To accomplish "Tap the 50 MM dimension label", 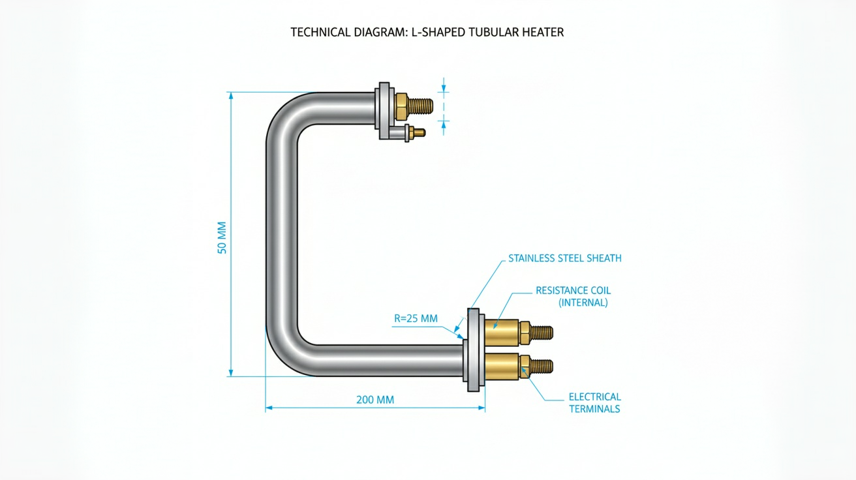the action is tap(222, 237).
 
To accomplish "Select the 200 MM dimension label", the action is tap(375, 400).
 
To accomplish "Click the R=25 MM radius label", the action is tap(416, 318).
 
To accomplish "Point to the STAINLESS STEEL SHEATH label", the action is tap(565, 258).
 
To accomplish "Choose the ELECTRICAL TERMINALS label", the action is tap(594, 403).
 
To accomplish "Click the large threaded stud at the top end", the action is tap(420, 106).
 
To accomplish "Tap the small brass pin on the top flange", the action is tap(418, 133).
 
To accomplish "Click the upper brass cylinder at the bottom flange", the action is tap(502, 332).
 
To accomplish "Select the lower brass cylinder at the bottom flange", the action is tap(502, 367).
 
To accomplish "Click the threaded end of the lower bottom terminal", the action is tap(541, 367).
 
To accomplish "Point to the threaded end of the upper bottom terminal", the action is tap(541, 333).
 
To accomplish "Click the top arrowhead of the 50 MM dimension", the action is tap(231, 95).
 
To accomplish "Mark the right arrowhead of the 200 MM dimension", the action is tap(481, 408).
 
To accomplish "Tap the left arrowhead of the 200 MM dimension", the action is tap(269, 408).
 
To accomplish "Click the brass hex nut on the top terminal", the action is tap(401, 106).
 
